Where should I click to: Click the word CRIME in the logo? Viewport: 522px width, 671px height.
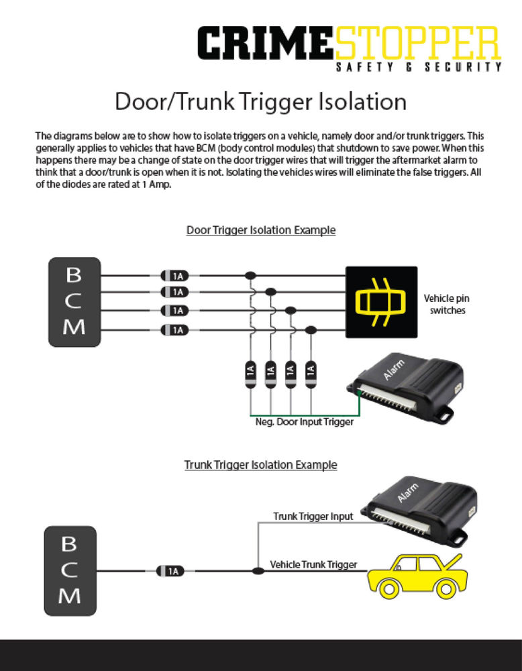tap(265, 44)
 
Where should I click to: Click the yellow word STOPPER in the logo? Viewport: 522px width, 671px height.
tap(417, 44)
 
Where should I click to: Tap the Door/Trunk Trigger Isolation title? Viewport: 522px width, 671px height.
tap(260, 102)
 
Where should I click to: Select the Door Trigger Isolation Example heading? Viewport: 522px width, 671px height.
tap(260, 230)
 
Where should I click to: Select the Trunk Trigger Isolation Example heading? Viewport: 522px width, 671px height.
tap(260, 464)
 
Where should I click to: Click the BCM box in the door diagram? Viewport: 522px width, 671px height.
tap(74, 301)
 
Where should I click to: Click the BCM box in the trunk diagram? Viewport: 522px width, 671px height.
tap(70, 570)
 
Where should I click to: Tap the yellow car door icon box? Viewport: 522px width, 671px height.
tap(381, 301)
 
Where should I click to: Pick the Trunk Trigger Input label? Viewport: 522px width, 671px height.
tap(313, 517)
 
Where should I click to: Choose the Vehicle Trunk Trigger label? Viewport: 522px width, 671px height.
tap(313, 565)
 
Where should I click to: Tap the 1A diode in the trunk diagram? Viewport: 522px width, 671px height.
tap(171, 571)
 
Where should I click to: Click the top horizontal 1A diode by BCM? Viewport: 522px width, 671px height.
tap(174, 275)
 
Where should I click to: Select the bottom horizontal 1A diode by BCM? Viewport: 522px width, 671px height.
tap(174, 329)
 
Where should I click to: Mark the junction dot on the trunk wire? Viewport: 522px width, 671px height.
tap(258, 571)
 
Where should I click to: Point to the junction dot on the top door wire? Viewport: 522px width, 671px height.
tap(250, 275)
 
